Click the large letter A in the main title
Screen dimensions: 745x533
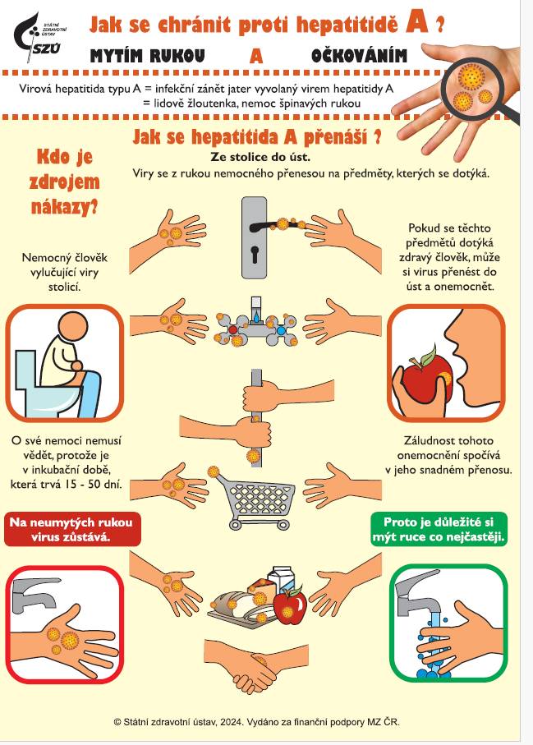point(418,24)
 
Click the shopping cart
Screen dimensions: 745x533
point(260,501)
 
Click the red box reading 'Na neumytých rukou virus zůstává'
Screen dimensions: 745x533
point(68,529)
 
